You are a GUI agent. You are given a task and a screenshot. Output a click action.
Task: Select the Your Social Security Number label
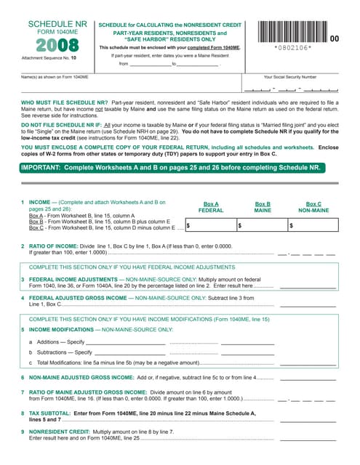click(x=289, y=76)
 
